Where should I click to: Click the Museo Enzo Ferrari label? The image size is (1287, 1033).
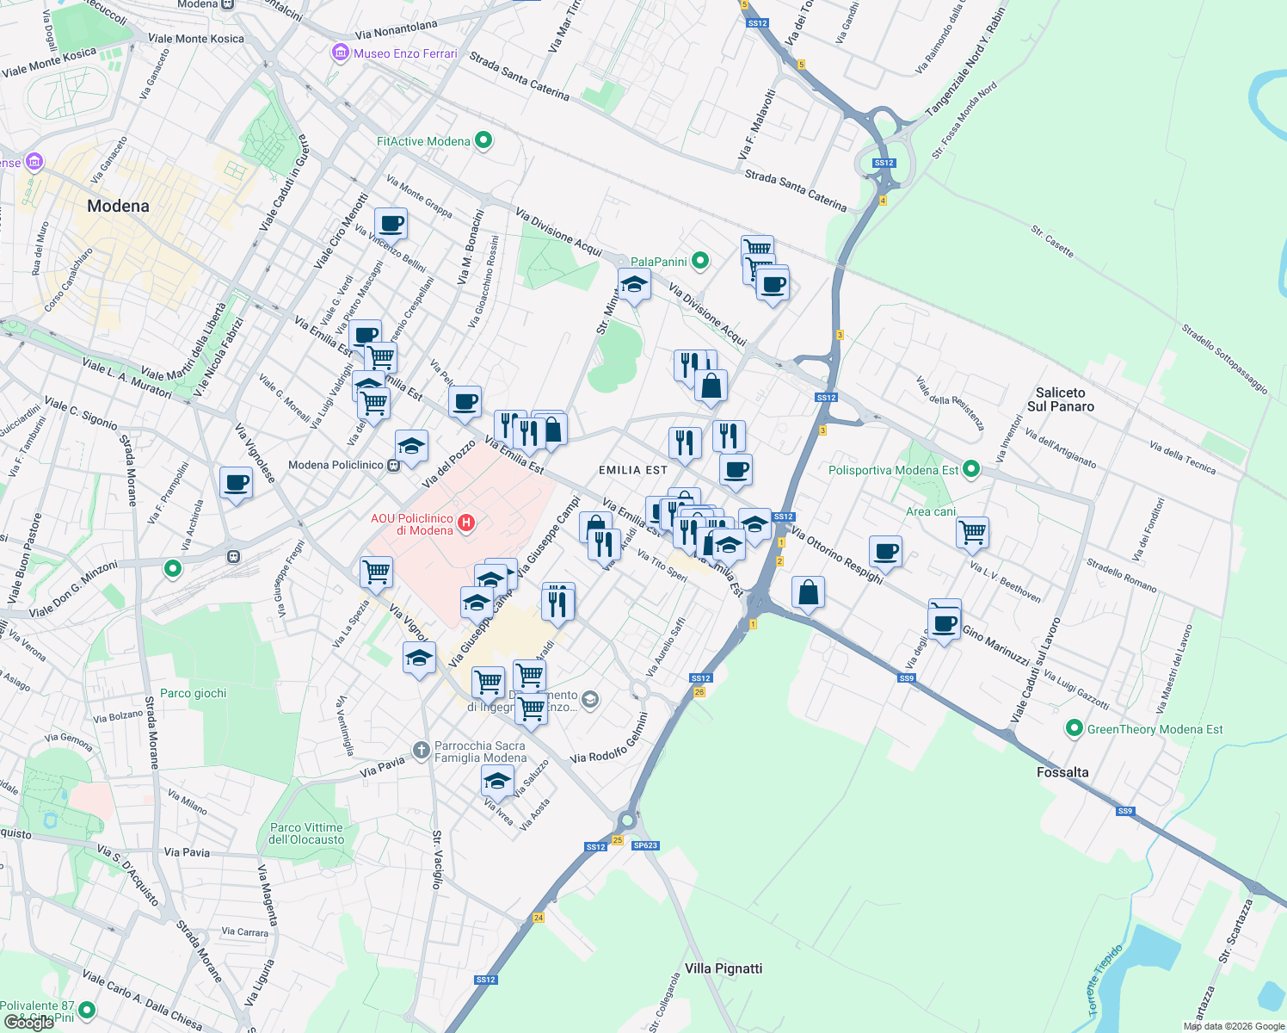pos(404,53)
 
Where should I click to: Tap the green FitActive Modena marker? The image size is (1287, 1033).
pos(483,140)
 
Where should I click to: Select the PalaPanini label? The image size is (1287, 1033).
pos(658,262)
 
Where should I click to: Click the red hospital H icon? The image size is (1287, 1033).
pos(466,523)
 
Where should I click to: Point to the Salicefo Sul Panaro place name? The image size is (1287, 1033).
pos(1060,399)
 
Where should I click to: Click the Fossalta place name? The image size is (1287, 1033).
pos(1062,772)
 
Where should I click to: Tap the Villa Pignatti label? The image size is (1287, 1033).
pos(724,968)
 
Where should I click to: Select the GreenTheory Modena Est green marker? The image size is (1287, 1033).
pos(1074,729)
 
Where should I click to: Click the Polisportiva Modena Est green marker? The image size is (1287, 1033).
pos(971,469)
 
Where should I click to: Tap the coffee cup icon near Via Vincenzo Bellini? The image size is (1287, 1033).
pos(391,224)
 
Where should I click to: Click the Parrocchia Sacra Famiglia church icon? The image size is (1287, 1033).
pos(421,751)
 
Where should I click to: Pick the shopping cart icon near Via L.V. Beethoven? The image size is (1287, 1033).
pos(972,532)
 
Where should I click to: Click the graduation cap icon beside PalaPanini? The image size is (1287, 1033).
pos(634,283)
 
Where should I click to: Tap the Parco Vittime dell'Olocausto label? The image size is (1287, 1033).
pos(306,833)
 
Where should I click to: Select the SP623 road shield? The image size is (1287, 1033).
pos(645,845)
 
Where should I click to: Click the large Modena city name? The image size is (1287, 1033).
pos(118,206)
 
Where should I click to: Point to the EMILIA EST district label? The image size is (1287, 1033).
pos(632,470)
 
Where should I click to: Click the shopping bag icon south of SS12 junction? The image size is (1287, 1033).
pos(808,592)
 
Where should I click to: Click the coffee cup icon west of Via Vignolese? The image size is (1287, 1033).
pos(236,483)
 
